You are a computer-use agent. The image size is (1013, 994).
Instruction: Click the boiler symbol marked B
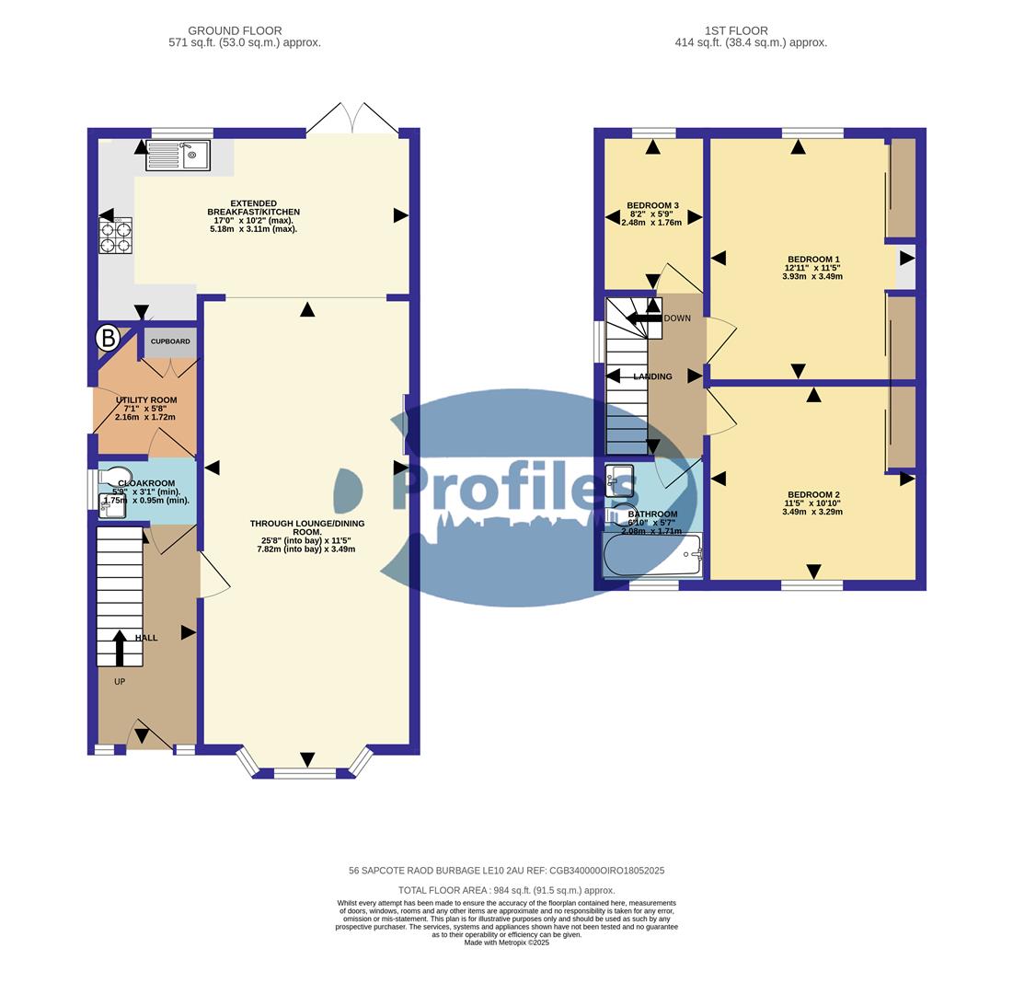[x=108, y=339]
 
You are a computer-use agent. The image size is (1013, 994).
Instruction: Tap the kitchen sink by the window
[x=178, y=155]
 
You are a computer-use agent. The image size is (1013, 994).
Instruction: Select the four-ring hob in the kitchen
[x=116, y=236]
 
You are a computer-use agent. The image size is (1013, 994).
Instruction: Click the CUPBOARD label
[x=170, y=341]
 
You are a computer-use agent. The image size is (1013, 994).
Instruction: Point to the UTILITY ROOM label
[x=146, y=400]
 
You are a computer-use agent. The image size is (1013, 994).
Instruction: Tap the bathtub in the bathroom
[x=651, y=555]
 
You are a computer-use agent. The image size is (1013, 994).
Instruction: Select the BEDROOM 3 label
[x=652, y=205]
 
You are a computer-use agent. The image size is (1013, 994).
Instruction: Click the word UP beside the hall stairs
[x=120, y=682]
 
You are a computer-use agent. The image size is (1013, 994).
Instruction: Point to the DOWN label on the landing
[x=677, y=318]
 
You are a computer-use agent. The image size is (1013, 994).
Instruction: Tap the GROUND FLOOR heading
[x=235, y=30]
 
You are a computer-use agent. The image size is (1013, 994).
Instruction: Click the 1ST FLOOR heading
[x=736, y=30]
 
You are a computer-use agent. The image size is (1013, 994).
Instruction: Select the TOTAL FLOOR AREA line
[x=506, y=890]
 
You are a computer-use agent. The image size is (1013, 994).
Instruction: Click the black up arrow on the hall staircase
[x=120, y=646]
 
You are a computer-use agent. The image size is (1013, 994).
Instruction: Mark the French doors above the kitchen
[x=352, y=118]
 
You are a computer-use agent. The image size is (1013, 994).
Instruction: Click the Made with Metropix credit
[x=506, y=942]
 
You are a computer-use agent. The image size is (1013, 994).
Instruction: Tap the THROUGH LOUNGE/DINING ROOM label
[x=307, y=527]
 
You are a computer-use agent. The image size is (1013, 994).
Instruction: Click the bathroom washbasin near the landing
[x=619, y=480]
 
